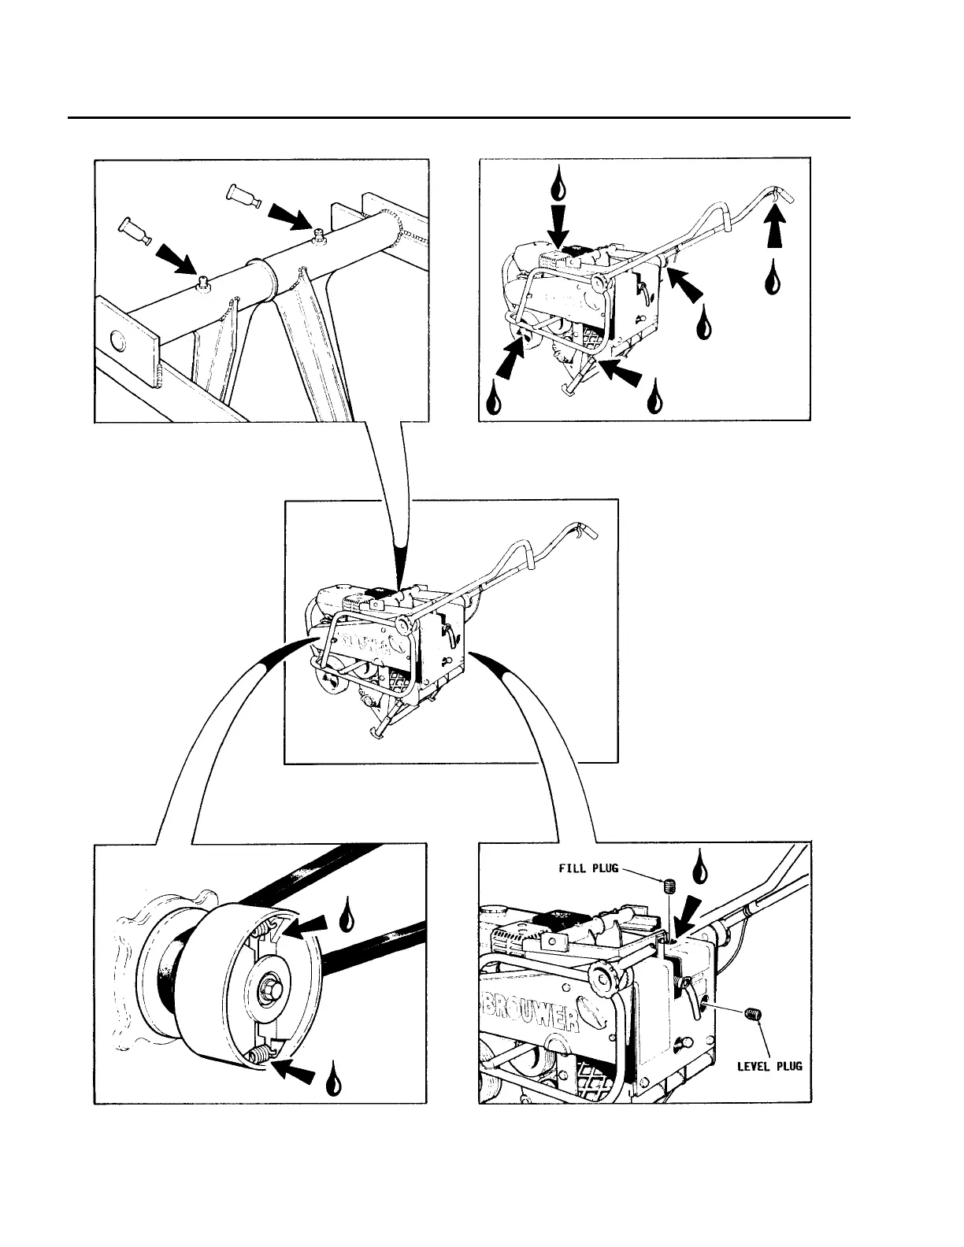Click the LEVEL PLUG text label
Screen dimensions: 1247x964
click(x=769, y=1066)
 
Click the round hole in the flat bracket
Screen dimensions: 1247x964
click(x=117, y=340)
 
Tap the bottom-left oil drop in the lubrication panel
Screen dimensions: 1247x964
click(x=494, y=398)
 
